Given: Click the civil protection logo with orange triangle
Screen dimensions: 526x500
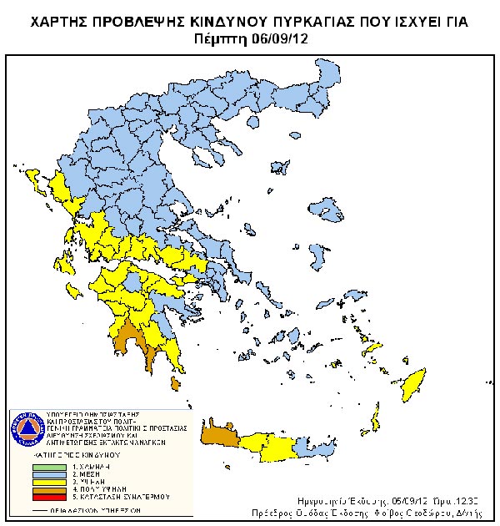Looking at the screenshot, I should point(27,427).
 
